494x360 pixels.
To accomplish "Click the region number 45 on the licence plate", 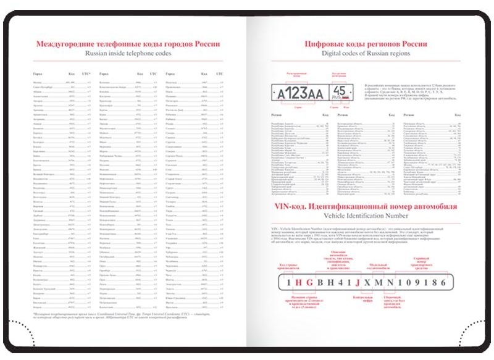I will pyautogui.click(x=343, y=91).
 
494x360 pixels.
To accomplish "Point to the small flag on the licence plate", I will pyautogui.click(x=348, y=99).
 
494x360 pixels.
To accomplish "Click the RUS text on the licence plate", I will pyautogui.click(x=339, y=99).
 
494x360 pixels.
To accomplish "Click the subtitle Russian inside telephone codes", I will pyautogui.click(x=128, y=54).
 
